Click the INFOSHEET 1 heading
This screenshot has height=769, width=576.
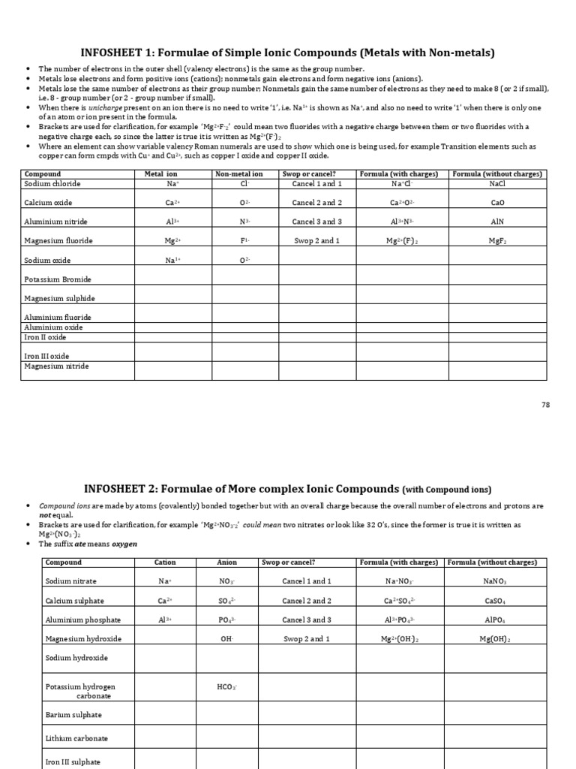coord(288,53)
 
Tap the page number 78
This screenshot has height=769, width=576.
coord(545,404)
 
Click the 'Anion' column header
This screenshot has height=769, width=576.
coord(226,562)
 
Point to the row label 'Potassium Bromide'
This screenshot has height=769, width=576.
coord(58,279)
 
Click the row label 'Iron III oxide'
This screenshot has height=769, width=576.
coord(46,356)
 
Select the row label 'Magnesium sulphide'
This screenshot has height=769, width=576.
coord(59,298)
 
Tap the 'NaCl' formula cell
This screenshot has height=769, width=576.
coord(497,184)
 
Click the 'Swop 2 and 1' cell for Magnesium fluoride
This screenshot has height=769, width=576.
coord(316,241)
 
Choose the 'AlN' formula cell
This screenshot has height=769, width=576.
coord(497,222)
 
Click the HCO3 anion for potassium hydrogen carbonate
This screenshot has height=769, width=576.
coord(226,687)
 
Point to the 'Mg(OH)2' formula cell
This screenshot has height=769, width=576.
coord(495,639)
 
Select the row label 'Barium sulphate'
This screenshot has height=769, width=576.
coord(73,715)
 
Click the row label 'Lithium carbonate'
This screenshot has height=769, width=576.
coord(76,738)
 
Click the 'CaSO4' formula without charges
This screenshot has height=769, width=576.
coord(495,601)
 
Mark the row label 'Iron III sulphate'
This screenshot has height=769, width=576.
coord(73,761)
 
